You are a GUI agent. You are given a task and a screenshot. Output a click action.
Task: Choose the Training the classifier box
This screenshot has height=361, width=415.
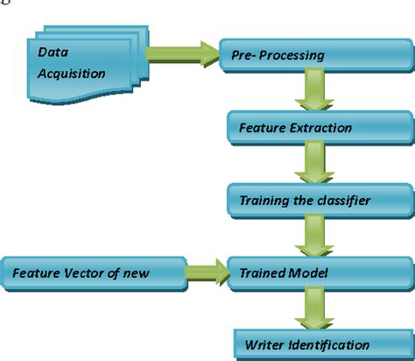pos(316,201)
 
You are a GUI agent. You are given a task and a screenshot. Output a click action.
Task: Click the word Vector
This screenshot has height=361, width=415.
pos(83,273)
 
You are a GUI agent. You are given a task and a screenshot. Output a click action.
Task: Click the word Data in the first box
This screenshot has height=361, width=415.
pos(52,52)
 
